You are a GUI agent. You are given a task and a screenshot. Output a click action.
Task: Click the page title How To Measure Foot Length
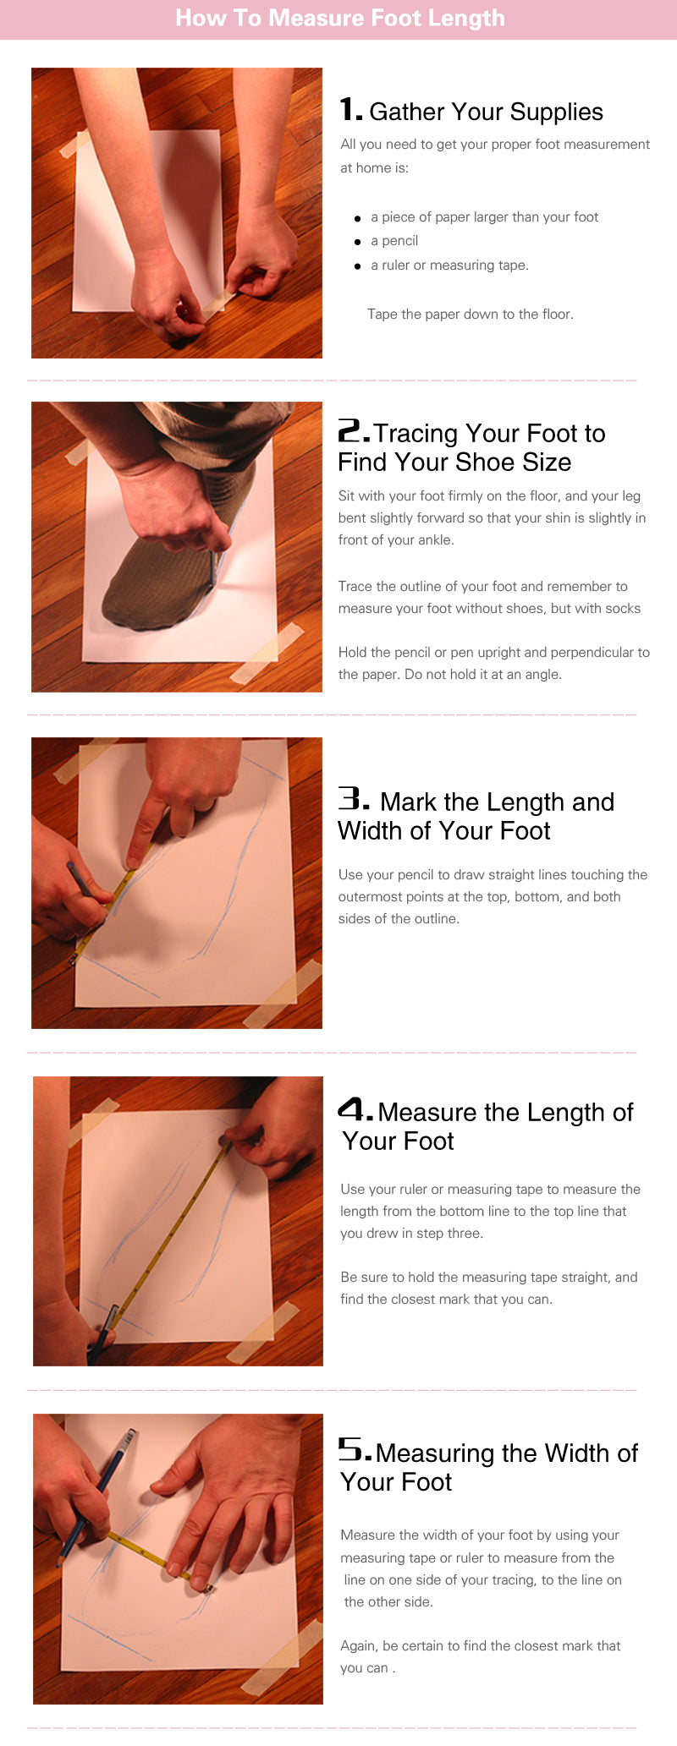point(339,18)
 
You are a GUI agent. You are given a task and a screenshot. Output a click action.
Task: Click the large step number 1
point(350,110)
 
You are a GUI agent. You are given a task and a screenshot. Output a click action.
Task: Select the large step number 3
point(354,799)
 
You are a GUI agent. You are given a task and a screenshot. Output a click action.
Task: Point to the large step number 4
point(355,1109)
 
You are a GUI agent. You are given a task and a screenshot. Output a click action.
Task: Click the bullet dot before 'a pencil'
point(358,242)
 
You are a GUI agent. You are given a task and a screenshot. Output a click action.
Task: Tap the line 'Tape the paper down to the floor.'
point(471,314)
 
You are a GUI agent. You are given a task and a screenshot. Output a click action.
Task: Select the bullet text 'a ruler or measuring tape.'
point(449,265)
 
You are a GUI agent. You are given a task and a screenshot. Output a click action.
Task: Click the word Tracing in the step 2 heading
point(416,434)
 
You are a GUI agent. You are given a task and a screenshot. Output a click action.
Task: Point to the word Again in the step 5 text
point(359,1646)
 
